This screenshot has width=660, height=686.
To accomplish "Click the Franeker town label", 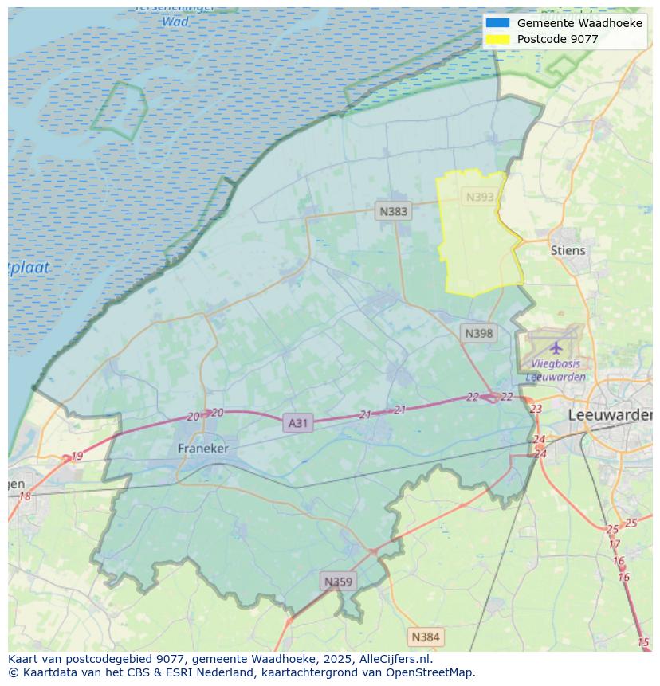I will (202, 449).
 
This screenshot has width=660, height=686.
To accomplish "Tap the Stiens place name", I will (568, 250).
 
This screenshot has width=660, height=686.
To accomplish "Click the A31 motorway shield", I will (297, 423).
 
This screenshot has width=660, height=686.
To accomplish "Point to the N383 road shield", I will (393, 211).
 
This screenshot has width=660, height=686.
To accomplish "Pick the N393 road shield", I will (480, 197).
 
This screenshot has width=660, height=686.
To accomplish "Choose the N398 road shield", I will (478, 333).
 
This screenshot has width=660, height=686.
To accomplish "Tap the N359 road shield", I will (337, 582).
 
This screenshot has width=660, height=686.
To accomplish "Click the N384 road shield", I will (425, 637).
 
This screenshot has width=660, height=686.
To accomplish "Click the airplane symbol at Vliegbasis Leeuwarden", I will (556, 347).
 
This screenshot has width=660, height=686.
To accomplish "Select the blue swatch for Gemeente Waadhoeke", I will (497, 23).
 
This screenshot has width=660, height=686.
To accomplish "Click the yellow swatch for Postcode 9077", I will (497, 39).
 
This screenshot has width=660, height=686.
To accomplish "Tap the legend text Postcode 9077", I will (557, 39).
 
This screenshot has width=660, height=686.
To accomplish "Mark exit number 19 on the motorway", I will (77, 457).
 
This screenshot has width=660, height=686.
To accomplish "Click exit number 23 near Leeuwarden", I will (536, 409).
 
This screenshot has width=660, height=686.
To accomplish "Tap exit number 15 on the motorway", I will (643, 642).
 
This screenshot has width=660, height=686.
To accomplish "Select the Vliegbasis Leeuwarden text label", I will (556, 370).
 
